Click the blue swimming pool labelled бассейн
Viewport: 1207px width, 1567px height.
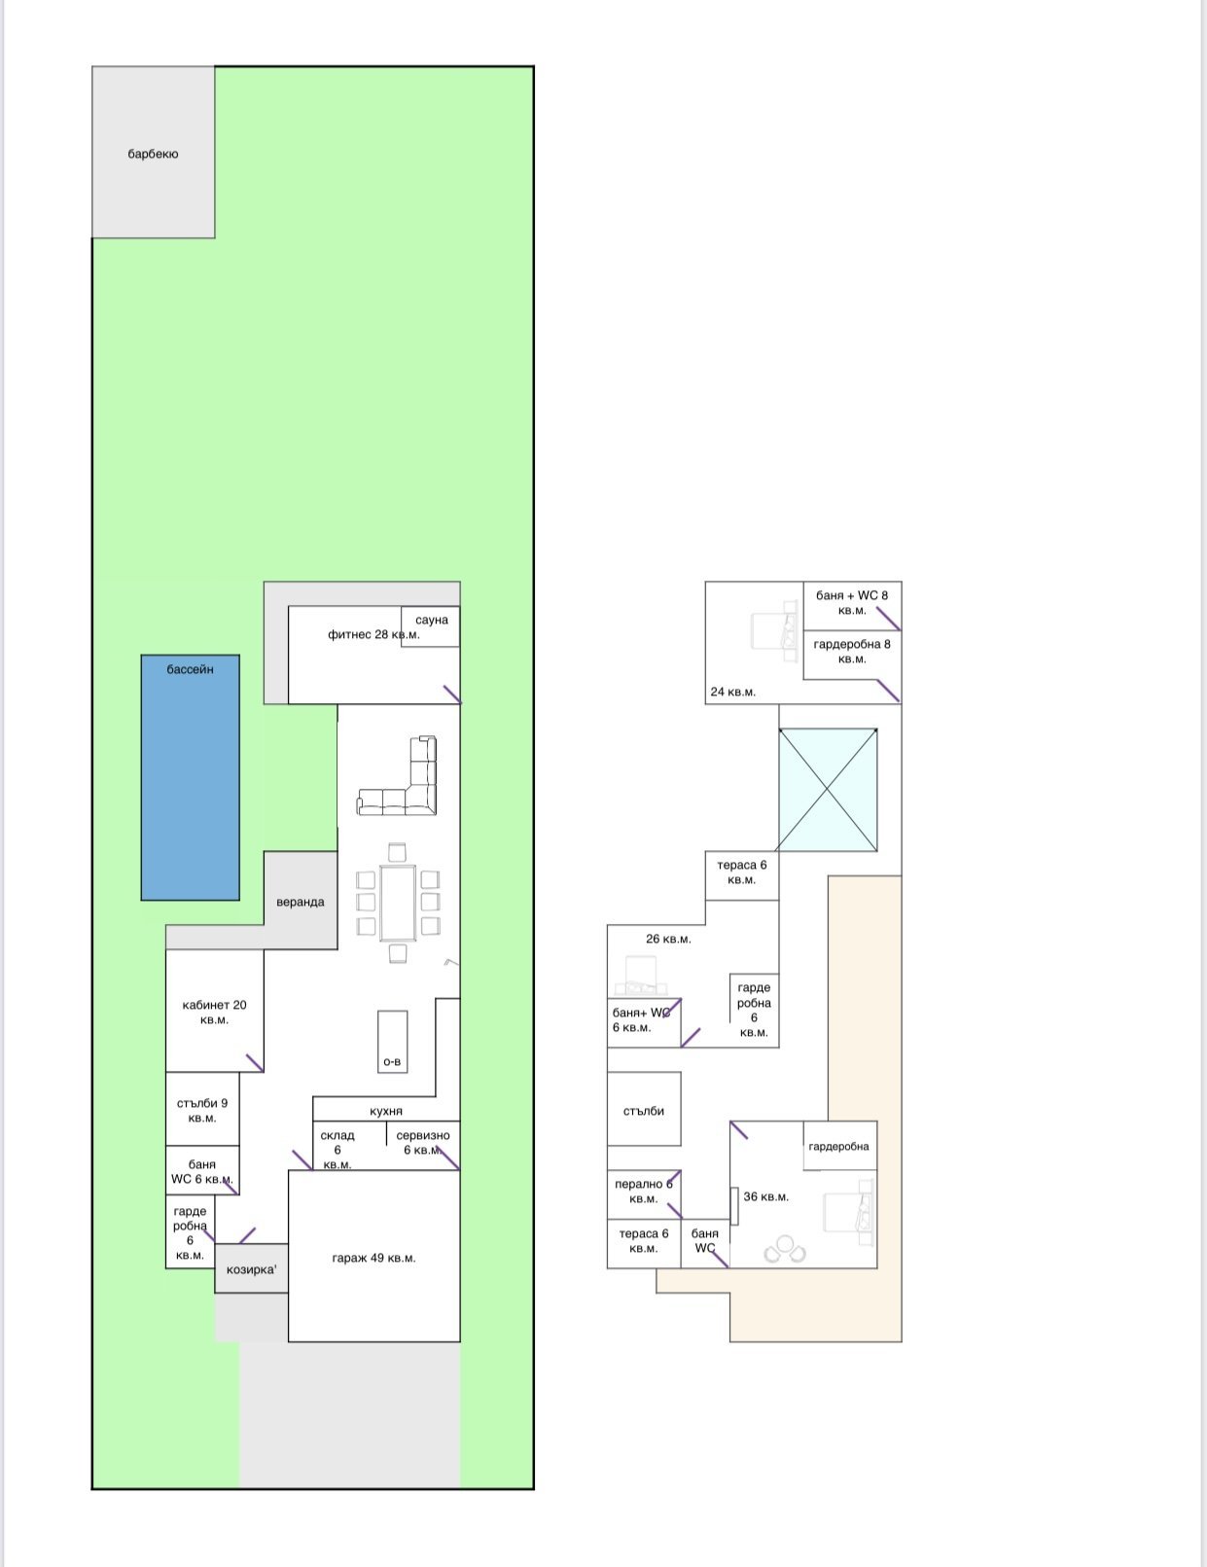pos(191,777)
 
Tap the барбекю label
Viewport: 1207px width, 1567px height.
pos(153,154)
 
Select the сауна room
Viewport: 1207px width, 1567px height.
pos(431,626)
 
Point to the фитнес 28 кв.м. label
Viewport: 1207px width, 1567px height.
pos(373,634)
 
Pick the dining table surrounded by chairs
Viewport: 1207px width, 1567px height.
pos(397,903)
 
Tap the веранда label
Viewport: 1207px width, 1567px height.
pos(300,902)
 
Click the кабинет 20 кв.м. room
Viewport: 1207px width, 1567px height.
pos(215,1011)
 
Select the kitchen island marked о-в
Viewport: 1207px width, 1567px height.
pos(392,1042)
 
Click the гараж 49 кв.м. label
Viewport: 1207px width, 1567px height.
pos(373,1258)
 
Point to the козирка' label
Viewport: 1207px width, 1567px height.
pos(251,1269)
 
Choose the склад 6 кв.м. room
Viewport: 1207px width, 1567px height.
pos(349,1146)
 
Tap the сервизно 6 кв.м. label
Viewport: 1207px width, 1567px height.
pos(422,1142)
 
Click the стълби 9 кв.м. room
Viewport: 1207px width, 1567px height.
pos(202,1109)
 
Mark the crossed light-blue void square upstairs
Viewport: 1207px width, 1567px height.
pos(828,790)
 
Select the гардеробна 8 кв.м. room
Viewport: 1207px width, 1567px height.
pos(852,655)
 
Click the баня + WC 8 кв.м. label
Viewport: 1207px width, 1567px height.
pos(852,602)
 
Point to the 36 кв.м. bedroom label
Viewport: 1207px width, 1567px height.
pos(765,1197)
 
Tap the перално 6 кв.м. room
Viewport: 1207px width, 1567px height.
pos(644,1194)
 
